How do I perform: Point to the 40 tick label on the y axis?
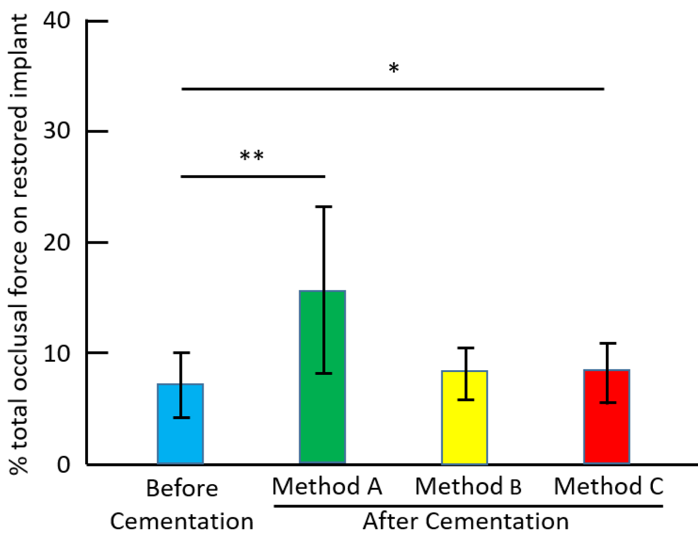tap(56, 20)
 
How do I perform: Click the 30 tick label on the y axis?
tap(56, 131)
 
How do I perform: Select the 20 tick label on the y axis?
tap(56, 242)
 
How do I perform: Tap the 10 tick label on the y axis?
tap(56, 353)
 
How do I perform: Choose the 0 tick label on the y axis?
tap(63, 464)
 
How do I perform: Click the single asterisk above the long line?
tap(394, 68)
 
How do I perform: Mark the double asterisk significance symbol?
tap(252, 156)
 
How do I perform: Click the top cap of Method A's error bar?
tap(323, 206)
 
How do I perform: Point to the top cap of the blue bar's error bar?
tap(181, 353)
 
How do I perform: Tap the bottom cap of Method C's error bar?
tap(607, 403)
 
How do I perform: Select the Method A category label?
tap(327, 486)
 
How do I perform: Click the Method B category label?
tap(468, 486)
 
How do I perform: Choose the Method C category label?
tap(608, 486)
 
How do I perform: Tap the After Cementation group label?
tap(465, 521)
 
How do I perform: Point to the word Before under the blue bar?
tap(182, 488)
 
